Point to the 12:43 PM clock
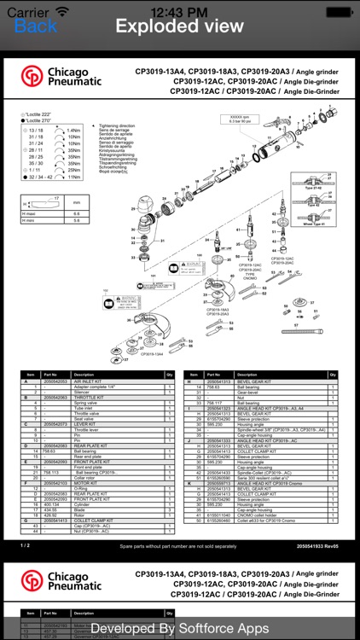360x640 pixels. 179,10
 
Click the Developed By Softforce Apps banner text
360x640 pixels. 180,628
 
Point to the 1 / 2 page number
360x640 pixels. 25,544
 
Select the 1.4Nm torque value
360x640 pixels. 74,131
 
